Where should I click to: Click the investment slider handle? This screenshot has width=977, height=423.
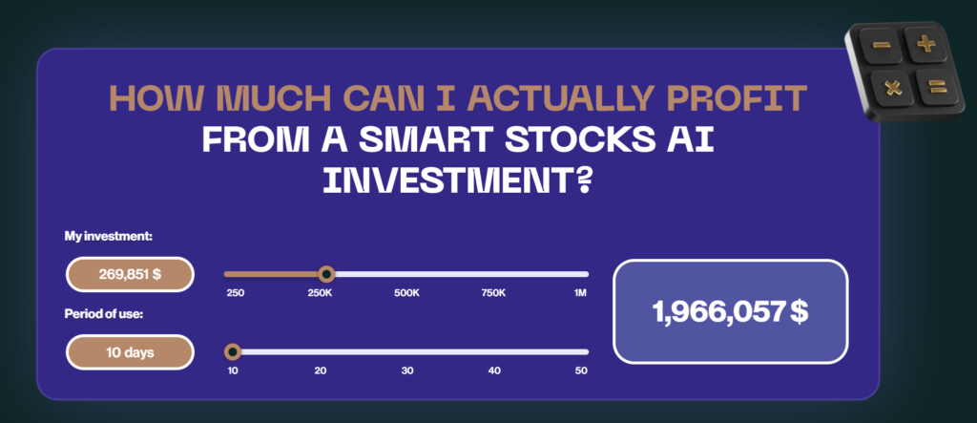pos(326,274)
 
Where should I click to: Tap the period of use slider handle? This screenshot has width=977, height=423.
pos(233,352)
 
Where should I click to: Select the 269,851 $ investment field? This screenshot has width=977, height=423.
pos(130,274)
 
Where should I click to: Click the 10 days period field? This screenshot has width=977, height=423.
pos(130,352)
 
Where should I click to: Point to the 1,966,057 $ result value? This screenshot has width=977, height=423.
pos(730,311)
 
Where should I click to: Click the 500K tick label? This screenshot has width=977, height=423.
pos(406,293)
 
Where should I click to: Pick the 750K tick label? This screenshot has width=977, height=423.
pos(493,293)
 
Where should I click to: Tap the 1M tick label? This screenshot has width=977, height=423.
pos(581,293)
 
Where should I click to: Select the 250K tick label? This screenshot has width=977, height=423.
pos(320,293)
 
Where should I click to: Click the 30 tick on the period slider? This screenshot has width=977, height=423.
pos(406,370)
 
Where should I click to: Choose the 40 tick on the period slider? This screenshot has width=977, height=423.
pos(494,370)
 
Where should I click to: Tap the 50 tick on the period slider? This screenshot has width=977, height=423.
pos(581,370)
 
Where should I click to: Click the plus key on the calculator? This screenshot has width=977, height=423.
pos(926,44)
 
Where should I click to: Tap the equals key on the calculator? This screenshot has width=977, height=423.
pos(937,87)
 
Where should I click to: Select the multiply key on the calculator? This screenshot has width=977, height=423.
pos(893,88)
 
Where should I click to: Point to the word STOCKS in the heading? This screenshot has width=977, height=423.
pos(556,140)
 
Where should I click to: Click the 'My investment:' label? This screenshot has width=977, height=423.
pos(109,237)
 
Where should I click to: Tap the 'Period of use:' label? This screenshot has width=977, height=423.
pos(104,314)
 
